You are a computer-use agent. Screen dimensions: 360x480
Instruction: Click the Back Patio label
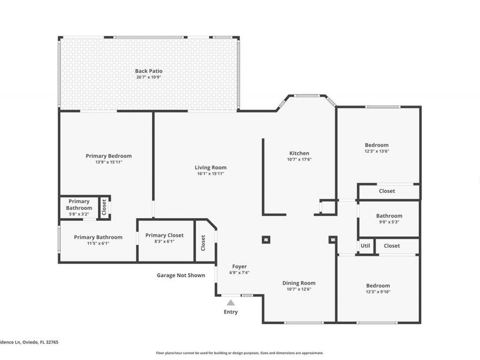click(148, 71)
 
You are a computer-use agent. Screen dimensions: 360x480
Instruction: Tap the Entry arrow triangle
click(230, 302)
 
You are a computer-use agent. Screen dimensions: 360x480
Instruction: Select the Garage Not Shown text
click(181, 275)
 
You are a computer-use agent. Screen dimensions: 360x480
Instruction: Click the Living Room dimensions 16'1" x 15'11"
click(211, 174)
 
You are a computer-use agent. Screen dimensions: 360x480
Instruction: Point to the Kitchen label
click(299, 153)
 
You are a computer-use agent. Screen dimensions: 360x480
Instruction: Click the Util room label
click(365, 246)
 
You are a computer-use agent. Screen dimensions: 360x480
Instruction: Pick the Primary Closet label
click(164, 235)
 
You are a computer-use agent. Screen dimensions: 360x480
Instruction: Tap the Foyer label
click(239, 266)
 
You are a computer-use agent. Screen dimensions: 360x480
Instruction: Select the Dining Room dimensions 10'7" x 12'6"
click(299, 290)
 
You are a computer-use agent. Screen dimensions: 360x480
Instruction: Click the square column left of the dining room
click(266, 239)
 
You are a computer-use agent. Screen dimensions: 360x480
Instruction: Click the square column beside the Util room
click(333, 239)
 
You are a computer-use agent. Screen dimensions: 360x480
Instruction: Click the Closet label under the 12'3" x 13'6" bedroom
click(387, 191)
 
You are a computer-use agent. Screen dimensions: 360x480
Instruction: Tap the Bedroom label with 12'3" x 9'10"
click(377, 285)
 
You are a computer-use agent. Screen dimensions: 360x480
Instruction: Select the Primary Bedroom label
click(108, 156)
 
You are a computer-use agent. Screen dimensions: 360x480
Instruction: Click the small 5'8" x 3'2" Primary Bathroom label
click(78, 205)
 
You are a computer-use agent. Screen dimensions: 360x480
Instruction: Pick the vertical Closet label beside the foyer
click(203, 243)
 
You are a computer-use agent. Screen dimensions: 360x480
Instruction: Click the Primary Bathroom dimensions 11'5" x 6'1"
click(98, 243)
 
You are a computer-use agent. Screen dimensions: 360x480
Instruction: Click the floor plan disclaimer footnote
click(239, 353)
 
